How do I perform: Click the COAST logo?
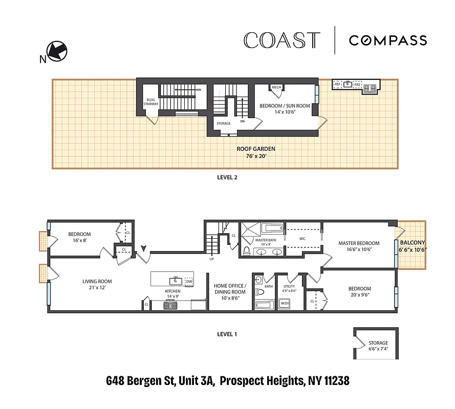point(282,40)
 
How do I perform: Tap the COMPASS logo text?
point(387,40)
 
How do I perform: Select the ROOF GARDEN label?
point(249,149)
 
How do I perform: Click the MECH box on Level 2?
point(276,87)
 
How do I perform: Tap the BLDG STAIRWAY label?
point(151,101)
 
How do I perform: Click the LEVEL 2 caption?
point(225,178)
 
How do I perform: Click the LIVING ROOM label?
point(97,282)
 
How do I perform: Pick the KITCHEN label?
point(173,290)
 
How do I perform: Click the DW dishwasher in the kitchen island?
point(189,281)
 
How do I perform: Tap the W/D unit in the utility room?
point(283,304)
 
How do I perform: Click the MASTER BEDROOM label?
point(359,243)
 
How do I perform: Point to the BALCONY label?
point(412,243)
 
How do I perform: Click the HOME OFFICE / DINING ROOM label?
point(230,289)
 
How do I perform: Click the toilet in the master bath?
point(247,251)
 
